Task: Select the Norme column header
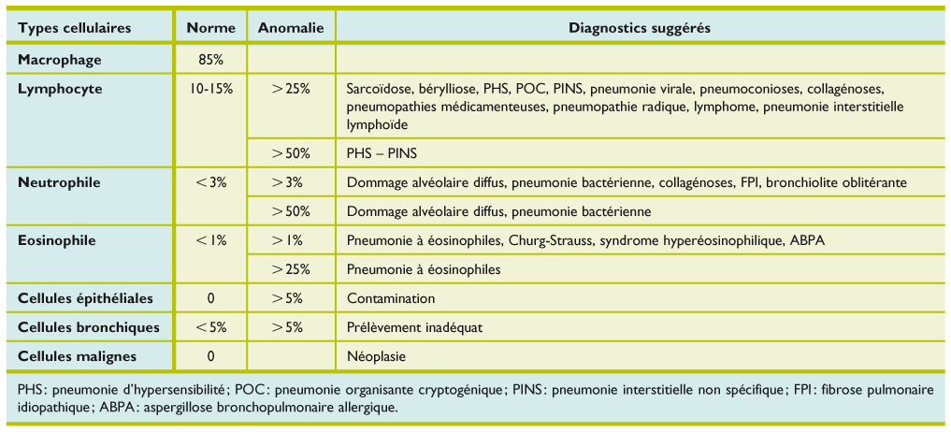tap(211, 28)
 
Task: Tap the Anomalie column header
tap(291, 28)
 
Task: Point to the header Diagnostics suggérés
tap(640, 28)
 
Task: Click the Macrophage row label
tap(59, 60)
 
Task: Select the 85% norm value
tap(211, 60)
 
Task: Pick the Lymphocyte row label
tap(60, 89)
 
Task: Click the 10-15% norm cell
tap(211, 89)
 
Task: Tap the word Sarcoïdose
tap(380, 89)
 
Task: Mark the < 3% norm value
tap(211, 182)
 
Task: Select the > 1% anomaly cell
tap(291, 240)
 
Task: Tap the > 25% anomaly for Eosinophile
tap(291, 269)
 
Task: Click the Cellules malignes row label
tap(78, 356)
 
